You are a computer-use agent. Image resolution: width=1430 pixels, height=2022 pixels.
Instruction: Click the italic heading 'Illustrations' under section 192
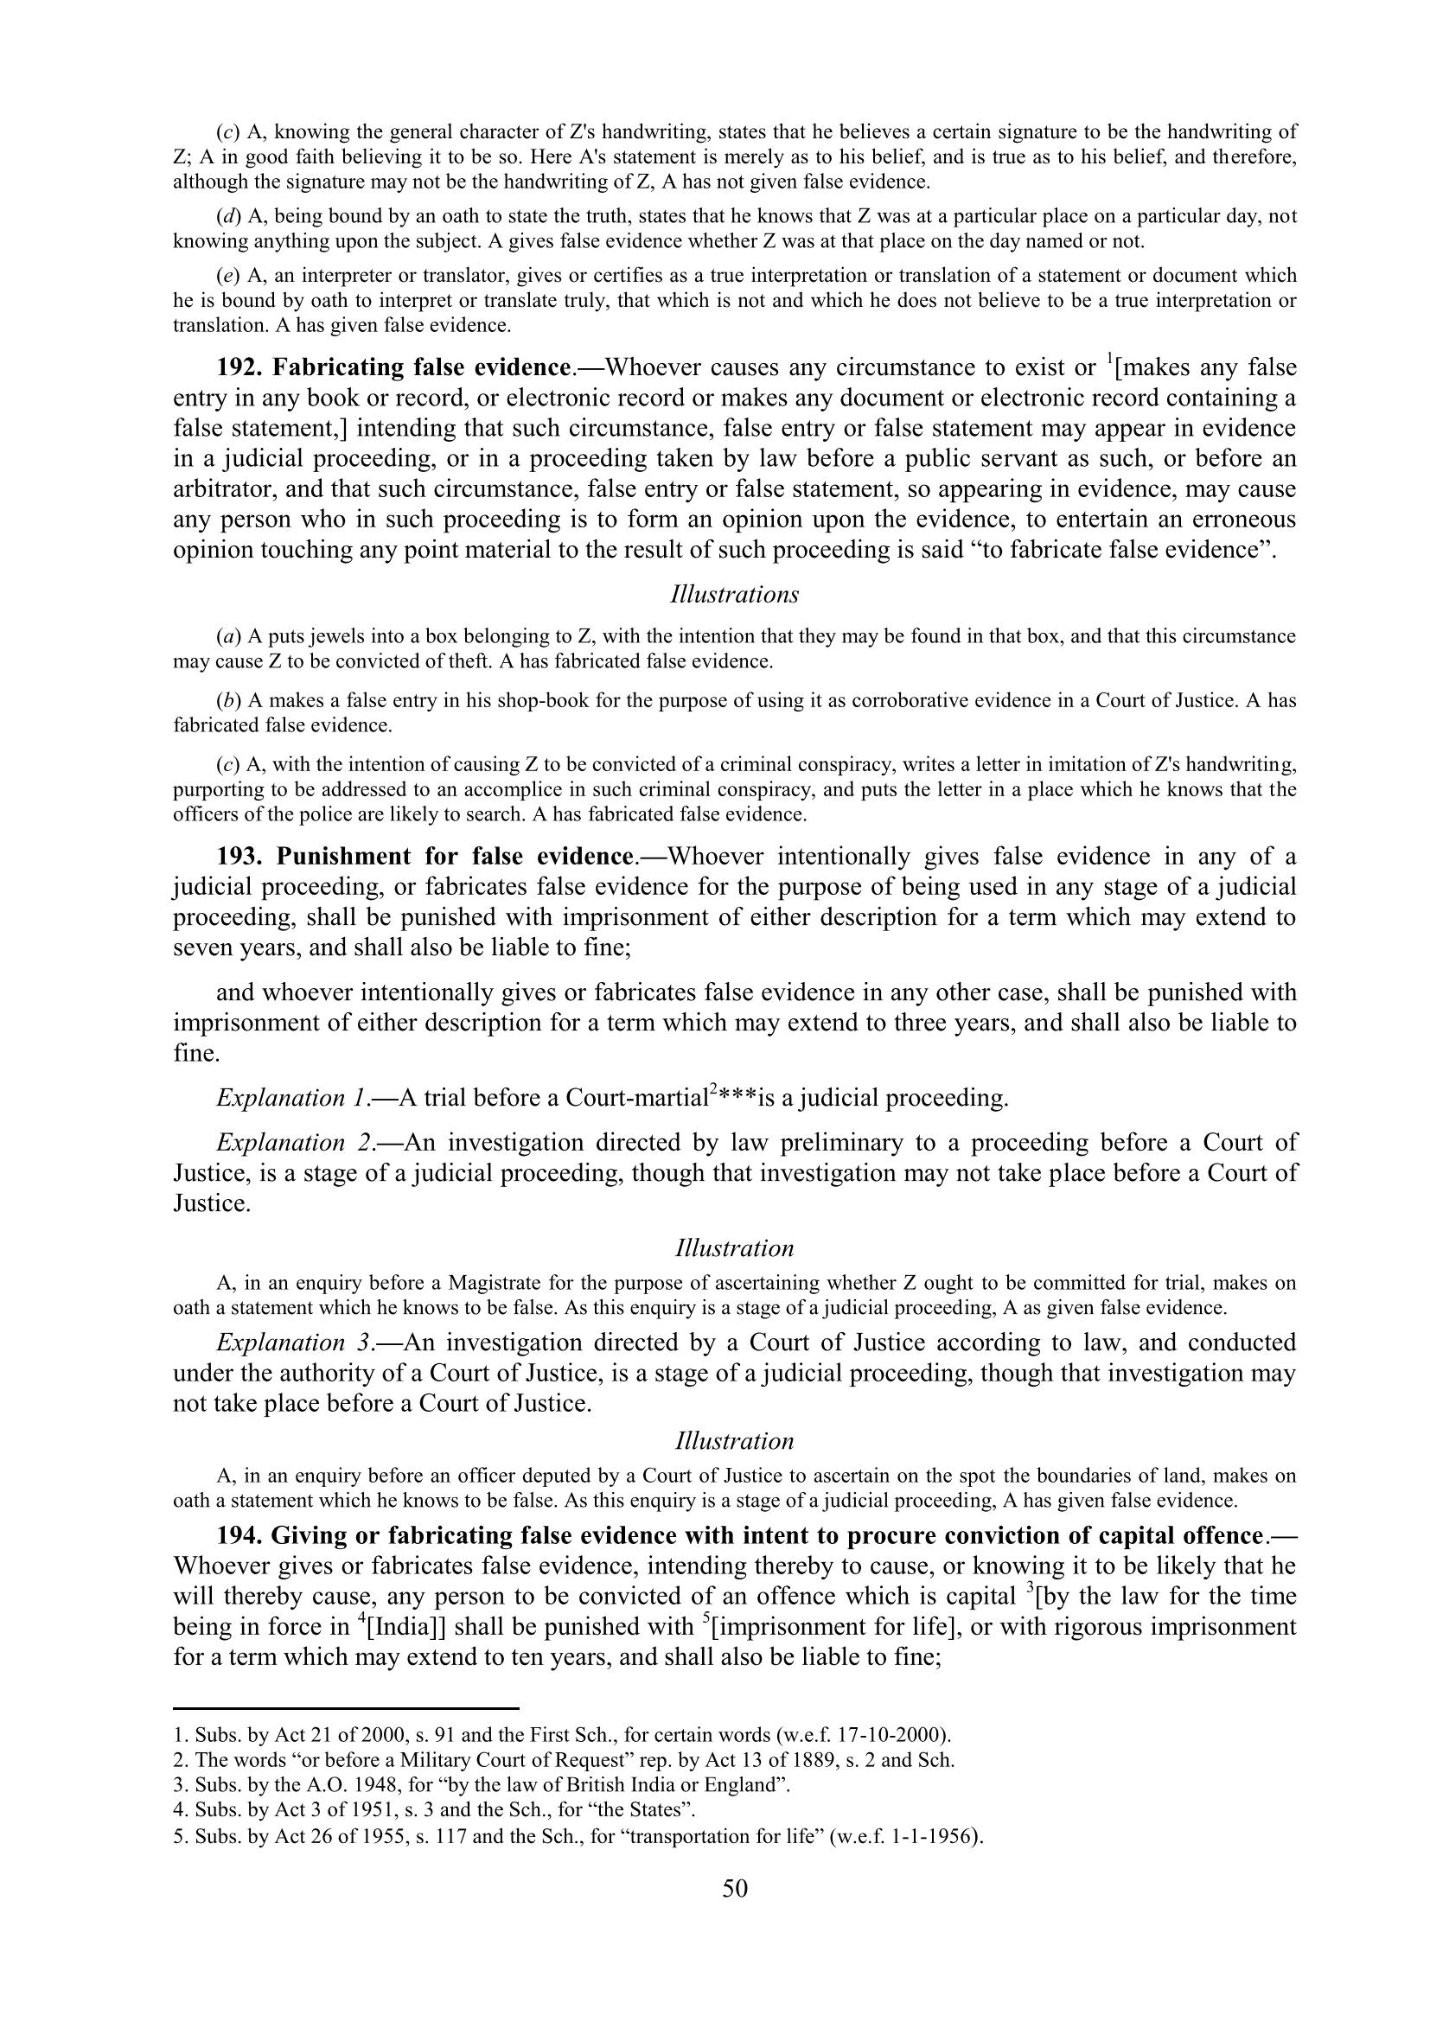(x=734, y=595)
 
